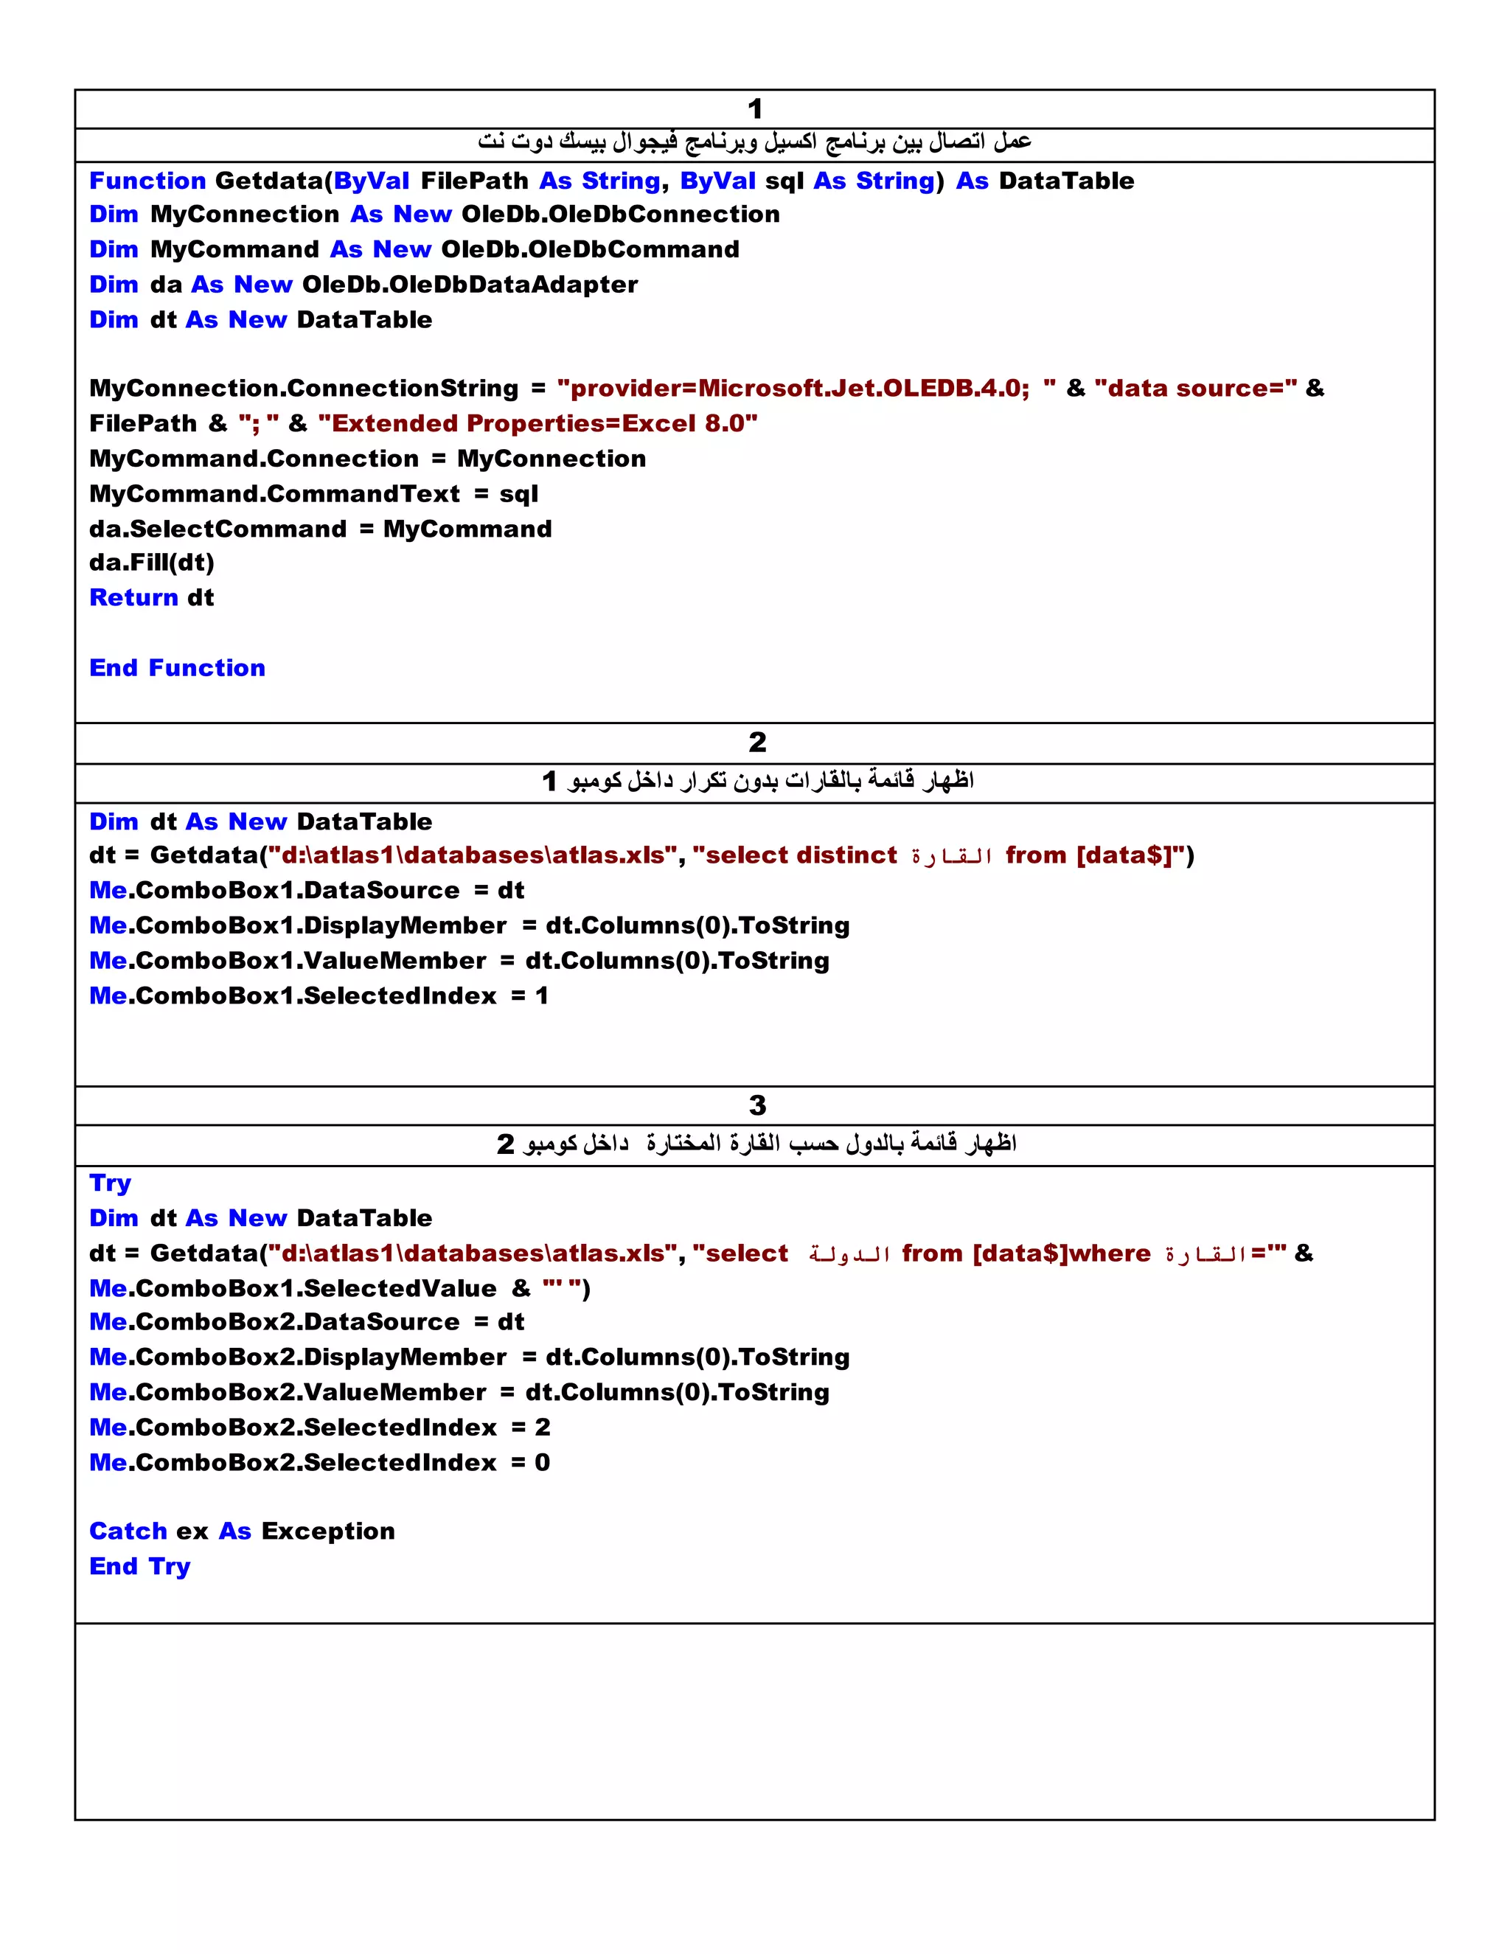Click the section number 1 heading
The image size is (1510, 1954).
tap(755, 109)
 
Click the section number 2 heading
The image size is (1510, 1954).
tap(756, 742)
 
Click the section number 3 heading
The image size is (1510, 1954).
tap(756, 1105)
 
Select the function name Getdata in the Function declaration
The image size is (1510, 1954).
tap(268, 181)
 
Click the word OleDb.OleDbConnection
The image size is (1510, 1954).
tap(620, 215)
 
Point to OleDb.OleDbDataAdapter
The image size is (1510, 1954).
tap(470, 285)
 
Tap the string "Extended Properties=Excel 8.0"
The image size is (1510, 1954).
tap(537, 423)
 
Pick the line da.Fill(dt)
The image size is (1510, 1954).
tap(151, 563)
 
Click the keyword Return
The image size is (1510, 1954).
tap(134, 598)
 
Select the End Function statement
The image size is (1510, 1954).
tap(177, 668)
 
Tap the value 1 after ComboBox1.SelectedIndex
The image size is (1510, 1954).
tap(541, 995)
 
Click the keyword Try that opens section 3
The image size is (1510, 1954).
tap(110, 1183)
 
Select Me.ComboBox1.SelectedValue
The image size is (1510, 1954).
tap(293, 1288)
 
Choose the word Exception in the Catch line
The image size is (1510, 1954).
tap(327, 1531)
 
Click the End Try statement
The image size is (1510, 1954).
tap(139, 1567)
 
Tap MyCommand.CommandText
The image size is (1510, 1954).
tap(274, 494)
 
